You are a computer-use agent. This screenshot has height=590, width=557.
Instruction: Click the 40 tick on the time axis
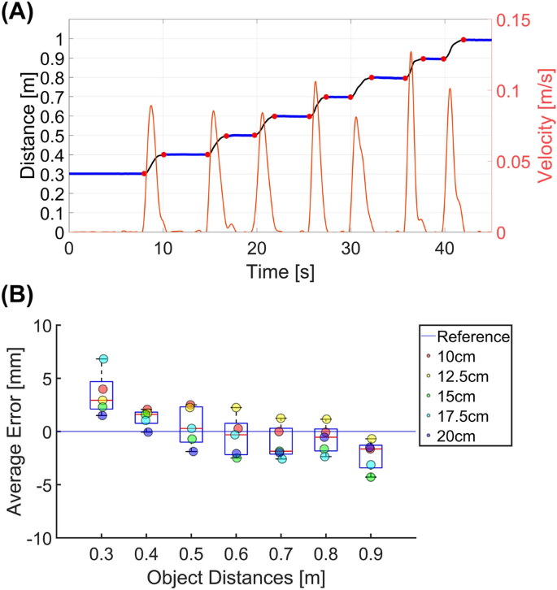click(443, 247)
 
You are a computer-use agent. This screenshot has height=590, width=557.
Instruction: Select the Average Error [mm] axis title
click(16, 432)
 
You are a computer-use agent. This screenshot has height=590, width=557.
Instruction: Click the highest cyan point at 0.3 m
click(103, 359)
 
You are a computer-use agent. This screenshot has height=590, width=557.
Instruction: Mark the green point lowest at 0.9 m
click(371, 477)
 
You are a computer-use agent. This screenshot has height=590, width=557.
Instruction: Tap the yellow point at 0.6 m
click(237, 408)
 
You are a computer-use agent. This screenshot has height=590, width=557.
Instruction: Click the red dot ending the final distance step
click(463, 40)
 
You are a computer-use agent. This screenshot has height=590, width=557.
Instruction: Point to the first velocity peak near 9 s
click(151, 106)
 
